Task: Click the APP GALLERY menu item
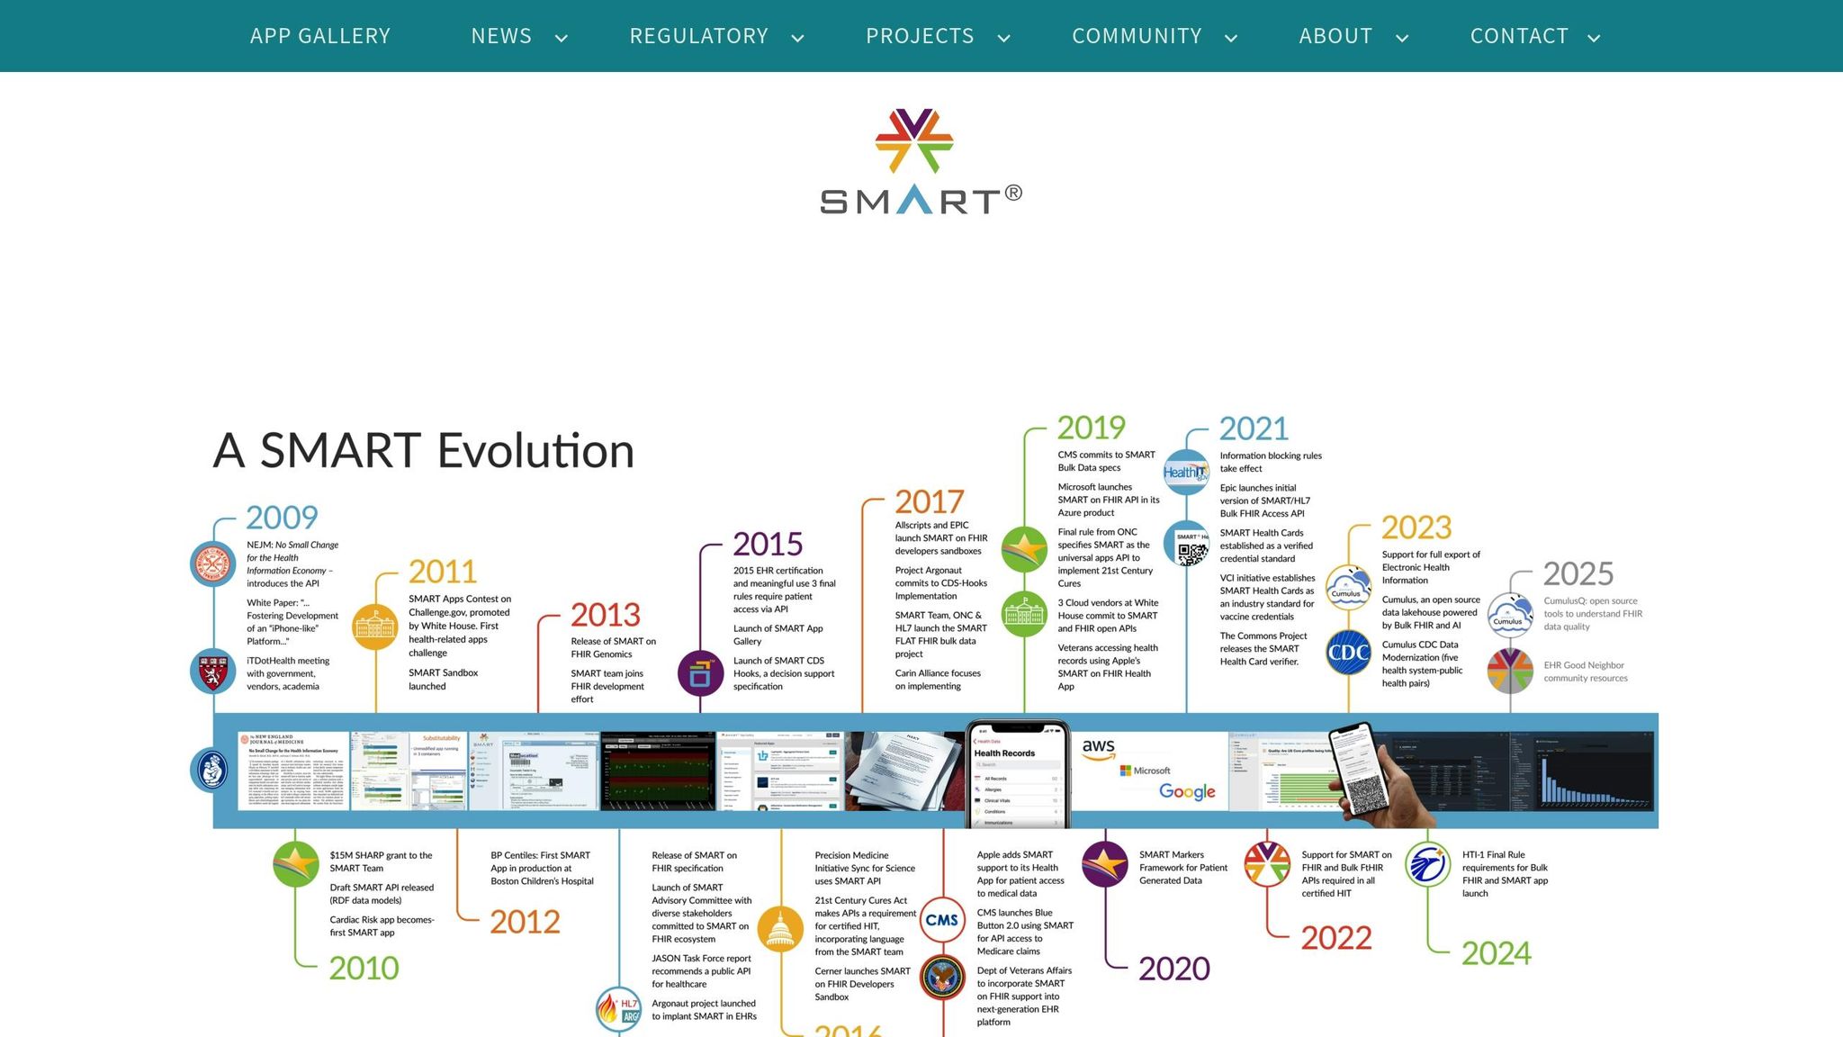[x=320, y=36]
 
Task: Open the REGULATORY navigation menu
[x=699, y=36]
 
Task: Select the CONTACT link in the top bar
[x=1519, y=36]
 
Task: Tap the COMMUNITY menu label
[x=1137, y=36]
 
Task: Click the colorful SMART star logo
[x=914, y=141]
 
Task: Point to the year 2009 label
[x=282, y=518]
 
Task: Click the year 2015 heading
[x=767, y=545]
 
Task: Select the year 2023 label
[x=1416, y=528]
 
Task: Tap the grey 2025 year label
[x=1578, y=574]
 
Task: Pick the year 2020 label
[x=1173, y=969]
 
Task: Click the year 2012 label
[x=525, y=922]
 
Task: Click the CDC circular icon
[x=1348, y=654]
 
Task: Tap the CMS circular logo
[x=941, y=920]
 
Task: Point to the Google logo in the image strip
[x=1187, y=791]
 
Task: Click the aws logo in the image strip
[x=1099, y=748]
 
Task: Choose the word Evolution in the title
[x=535, y=451]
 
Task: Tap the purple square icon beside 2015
[x=700, y=673]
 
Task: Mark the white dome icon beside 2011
[x=375, y=627]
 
